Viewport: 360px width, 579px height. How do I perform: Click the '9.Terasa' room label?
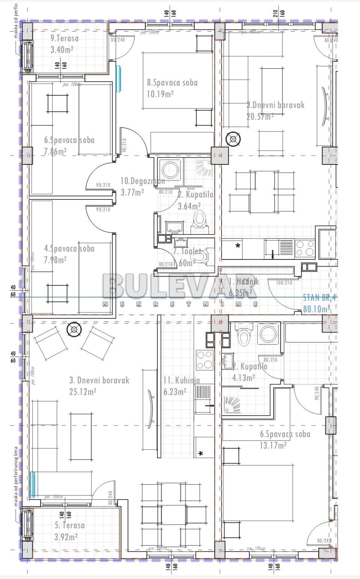click(65, 38)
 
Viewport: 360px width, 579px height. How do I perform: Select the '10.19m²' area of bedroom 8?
click(160, 94)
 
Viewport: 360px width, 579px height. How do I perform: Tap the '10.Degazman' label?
click(142, 181)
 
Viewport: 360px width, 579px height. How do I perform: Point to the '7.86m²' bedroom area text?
click(55, 151)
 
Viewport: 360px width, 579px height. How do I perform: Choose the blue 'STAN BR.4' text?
click(319, 298)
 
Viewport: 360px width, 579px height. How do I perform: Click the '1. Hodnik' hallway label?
click(244, 281)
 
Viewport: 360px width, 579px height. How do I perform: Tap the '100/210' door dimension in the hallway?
click(284, 282)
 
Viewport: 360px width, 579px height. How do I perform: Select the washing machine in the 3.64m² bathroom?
click(171, 170)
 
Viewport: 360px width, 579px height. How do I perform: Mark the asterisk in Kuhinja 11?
click(201, 454)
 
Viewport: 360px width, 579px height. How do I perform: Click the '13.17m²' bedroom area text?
click(273, 445)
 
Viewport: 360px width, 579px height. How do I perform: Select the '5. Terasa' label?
click(69, 525)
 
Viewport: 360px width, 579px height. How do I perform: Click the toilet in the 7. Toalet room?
click(199, 257)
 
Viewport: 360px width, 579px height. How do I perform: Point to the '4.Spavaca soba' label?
click(69, 249)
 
